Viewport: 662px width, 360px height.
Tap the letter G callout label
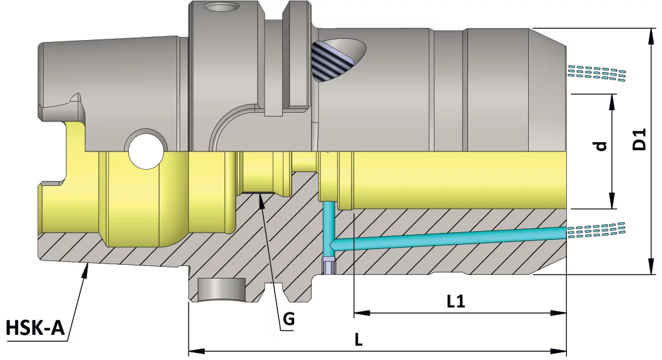click(x=288, y=319)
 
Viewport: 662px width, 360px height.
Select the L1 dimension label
click(x=456, y=302)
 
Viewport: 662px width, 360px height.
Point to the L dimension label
click(x=359, y=340)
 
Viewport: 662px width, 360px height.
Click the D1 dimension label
click(x=639, y=139)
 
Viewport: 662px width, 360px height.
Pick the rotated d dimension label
click(x=601, y=146)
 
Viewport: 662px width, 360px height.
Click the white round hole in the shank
click(x=147, y=150)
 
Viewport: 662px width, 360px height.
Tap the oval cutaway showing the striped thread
click(x=338, y=59)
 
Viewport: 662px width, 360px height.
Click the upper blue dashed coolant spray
click(x=596, y=73)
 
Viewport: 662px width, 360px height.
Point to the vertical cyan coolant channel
click(x=328, y=223)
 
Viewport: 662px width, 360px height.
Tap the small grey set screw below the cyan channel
click(x=328, y=266)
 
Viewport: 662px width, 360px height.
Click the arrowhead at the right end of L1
click(x=561, y=312)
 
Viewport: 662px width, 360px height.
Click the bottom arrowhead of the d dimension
click(x=611, y=204)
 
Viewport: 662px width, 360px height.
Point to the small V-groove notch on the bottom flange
click(x=270, y=286)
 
